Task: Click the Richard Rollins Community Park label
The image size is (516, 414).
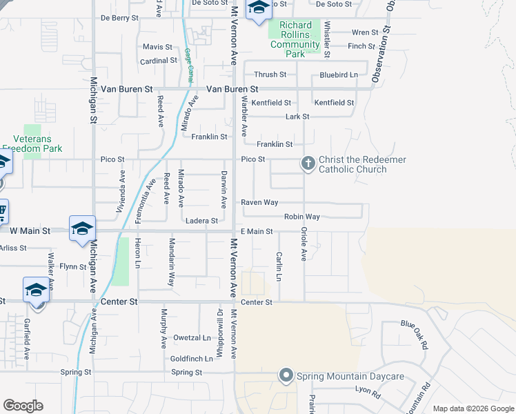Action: (x=295, y=39)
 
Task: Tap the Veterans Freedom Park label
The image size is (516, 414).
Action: (x=32, y=144)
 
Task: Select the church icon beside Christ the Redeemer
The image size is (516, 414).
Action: (x=308, y=164)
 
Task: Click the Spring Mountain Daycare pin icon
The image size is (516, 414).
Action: (x=286, y=375)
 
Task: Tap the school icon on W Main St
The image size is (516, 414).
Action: (x=81, y=228)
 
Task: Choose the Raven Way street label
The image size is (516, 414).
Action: (x=259, y=203)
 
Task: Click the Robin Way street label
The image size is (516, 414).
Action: (x=302, y=217)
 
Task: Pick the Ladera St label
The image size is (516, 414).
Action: (x=202, y=221)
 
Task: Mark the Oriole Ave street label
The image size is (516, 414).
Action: (x=303, y=244)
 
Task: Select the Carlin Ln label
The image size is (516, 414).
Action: (x=279, y=266)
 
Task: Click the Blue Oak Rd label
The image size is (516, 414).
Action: (x=419, y=334)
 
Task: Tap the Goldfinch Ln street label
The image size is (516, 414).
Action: (x=191, y=359)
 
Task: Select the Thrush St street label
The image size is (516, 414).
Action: (x=270, y=75)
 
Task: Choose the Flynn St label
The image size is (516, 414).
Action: (x=73, y=266)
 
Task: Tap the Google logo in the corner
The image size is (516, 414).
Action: (x=23, y=406)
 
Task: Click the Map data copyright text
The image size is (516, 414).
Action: (x=473, y=408)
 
